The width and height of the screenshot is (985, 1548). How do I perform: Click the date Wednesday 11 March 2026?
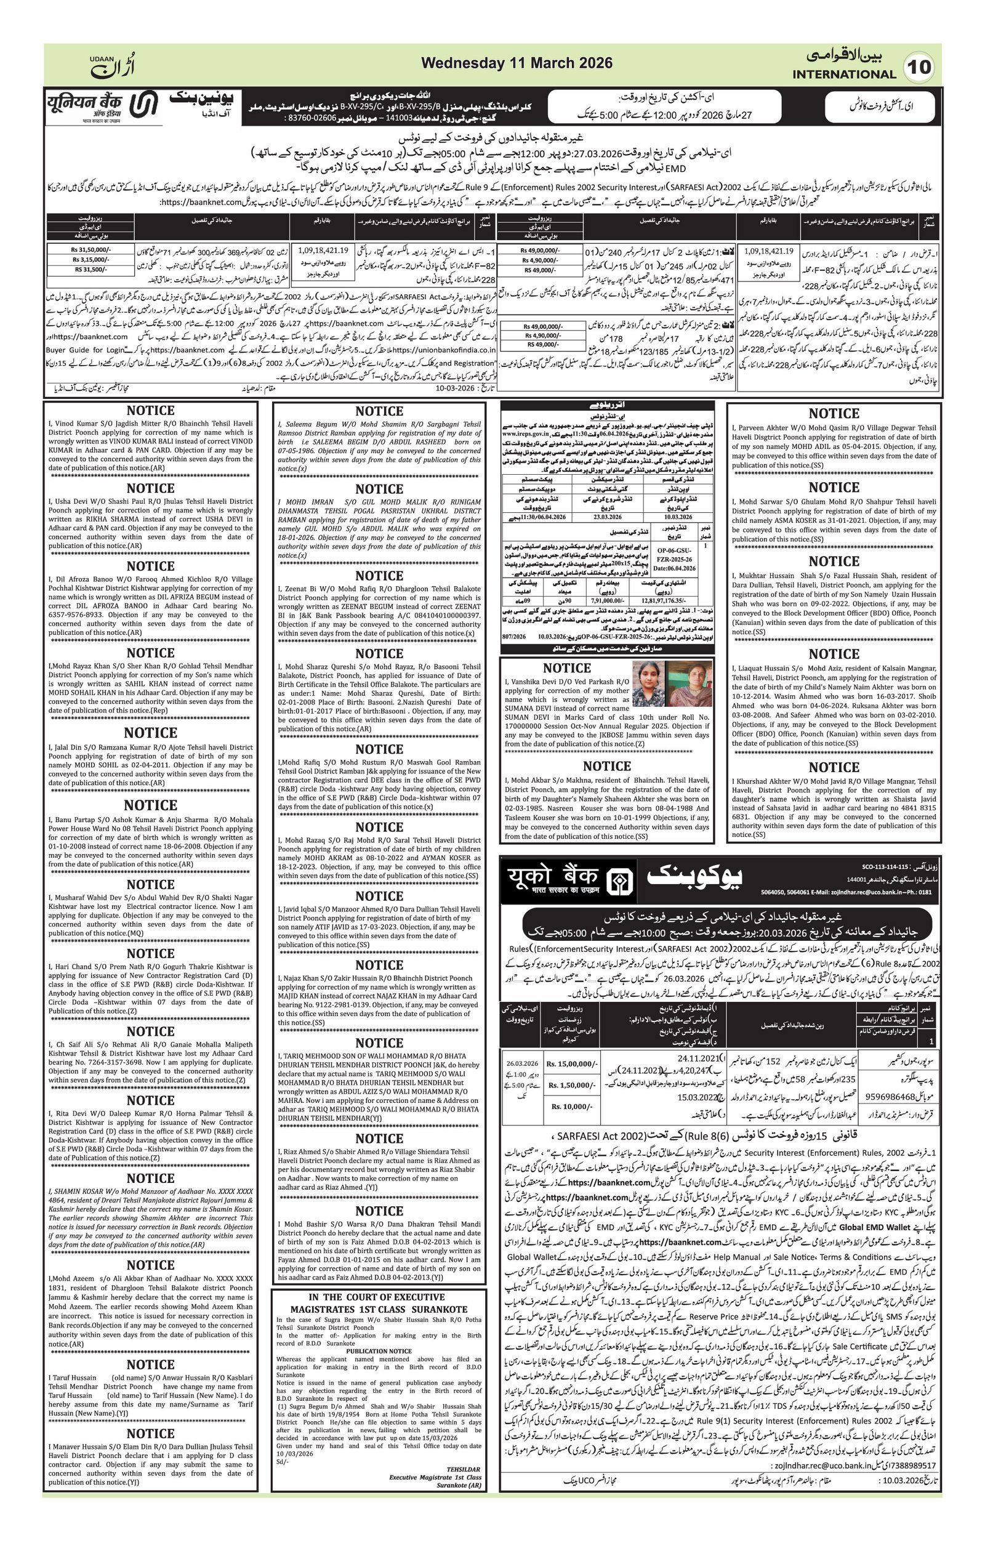pos(517,63)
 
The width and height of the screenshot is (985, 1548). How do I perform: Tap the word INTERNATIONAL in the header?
pos(843,74)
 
